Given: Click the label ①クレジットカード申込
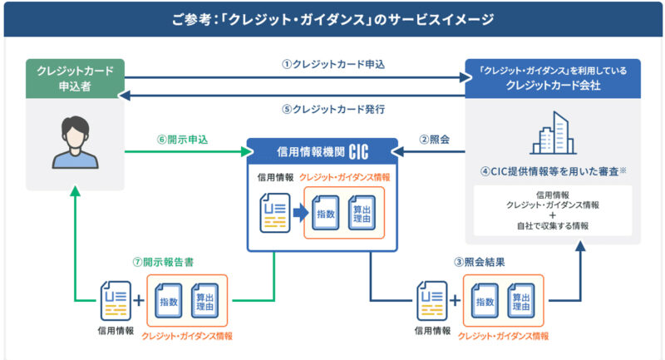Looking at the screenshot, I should click(x=333, y=64).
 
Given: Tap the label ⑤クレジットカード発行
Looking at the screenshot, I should click(x=333, y=109).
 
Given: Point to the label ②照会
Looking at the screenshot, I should click(x=436, y=140).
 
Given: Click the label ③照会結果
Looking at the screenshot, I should click(x=477, y=261).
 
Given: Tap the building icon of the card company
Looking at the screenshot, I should click(x=553, y=132).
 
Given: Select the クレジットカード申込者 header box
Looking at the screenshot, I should click(x=70, y=79).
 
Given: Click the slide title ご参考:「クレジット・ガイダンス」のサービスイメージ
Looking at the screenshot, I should click(x=332, y=18).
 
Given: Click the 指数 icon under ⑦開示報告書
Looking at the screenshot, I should click(x=168, y=303).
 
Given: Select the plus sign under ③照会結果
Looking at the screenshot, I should click(x=456, y=302).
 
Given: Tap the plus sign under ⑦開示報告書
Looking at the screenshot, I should click(x=138, y=302).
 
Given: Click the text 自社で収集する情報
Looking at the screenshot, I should click(x=553, y=225).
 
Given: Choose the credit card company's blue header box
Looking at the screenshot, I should click(x=553, y=79).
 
